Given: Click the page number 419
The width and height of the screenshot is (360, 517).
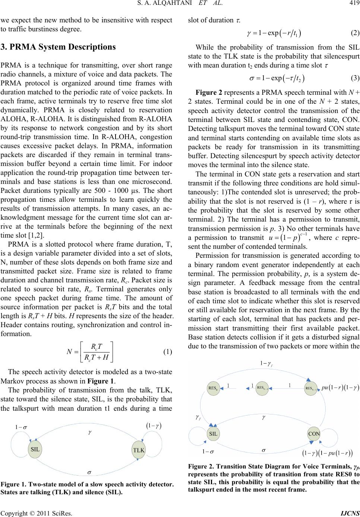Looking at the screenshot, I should tap(353, 5).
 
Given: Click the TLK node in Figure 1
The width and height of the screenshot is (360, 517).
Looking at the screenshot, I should tap(139, 450).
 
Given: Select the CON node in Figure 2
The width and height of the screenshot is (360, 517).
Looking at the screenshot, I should tap(314, 433).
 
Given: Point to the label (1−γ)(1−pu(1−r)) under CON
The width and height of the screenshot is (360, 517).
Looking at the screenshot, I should tap(327, 453).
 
